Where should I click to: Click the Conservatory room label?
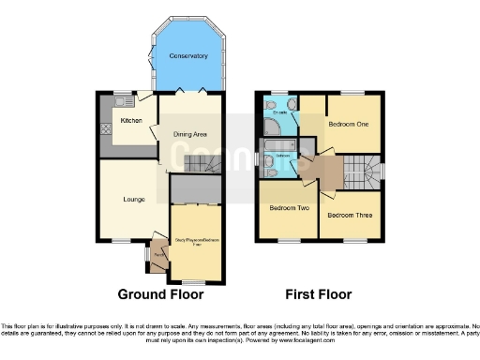coord(187,56)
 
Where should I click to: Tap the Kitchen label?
coord(130,121)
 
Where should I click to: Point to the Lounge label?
coord(130,199)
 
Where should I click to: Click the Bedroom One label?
coord(348,125)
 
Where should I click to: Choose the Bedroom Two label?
coord(289,207)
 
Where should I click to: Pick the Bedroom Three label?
coord(347,215)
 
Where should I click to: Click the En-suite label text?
coord(279,112)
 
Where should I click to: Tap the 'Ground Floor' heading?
coord(160,294)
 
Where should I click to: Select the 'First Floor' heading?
coord(320,294)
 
